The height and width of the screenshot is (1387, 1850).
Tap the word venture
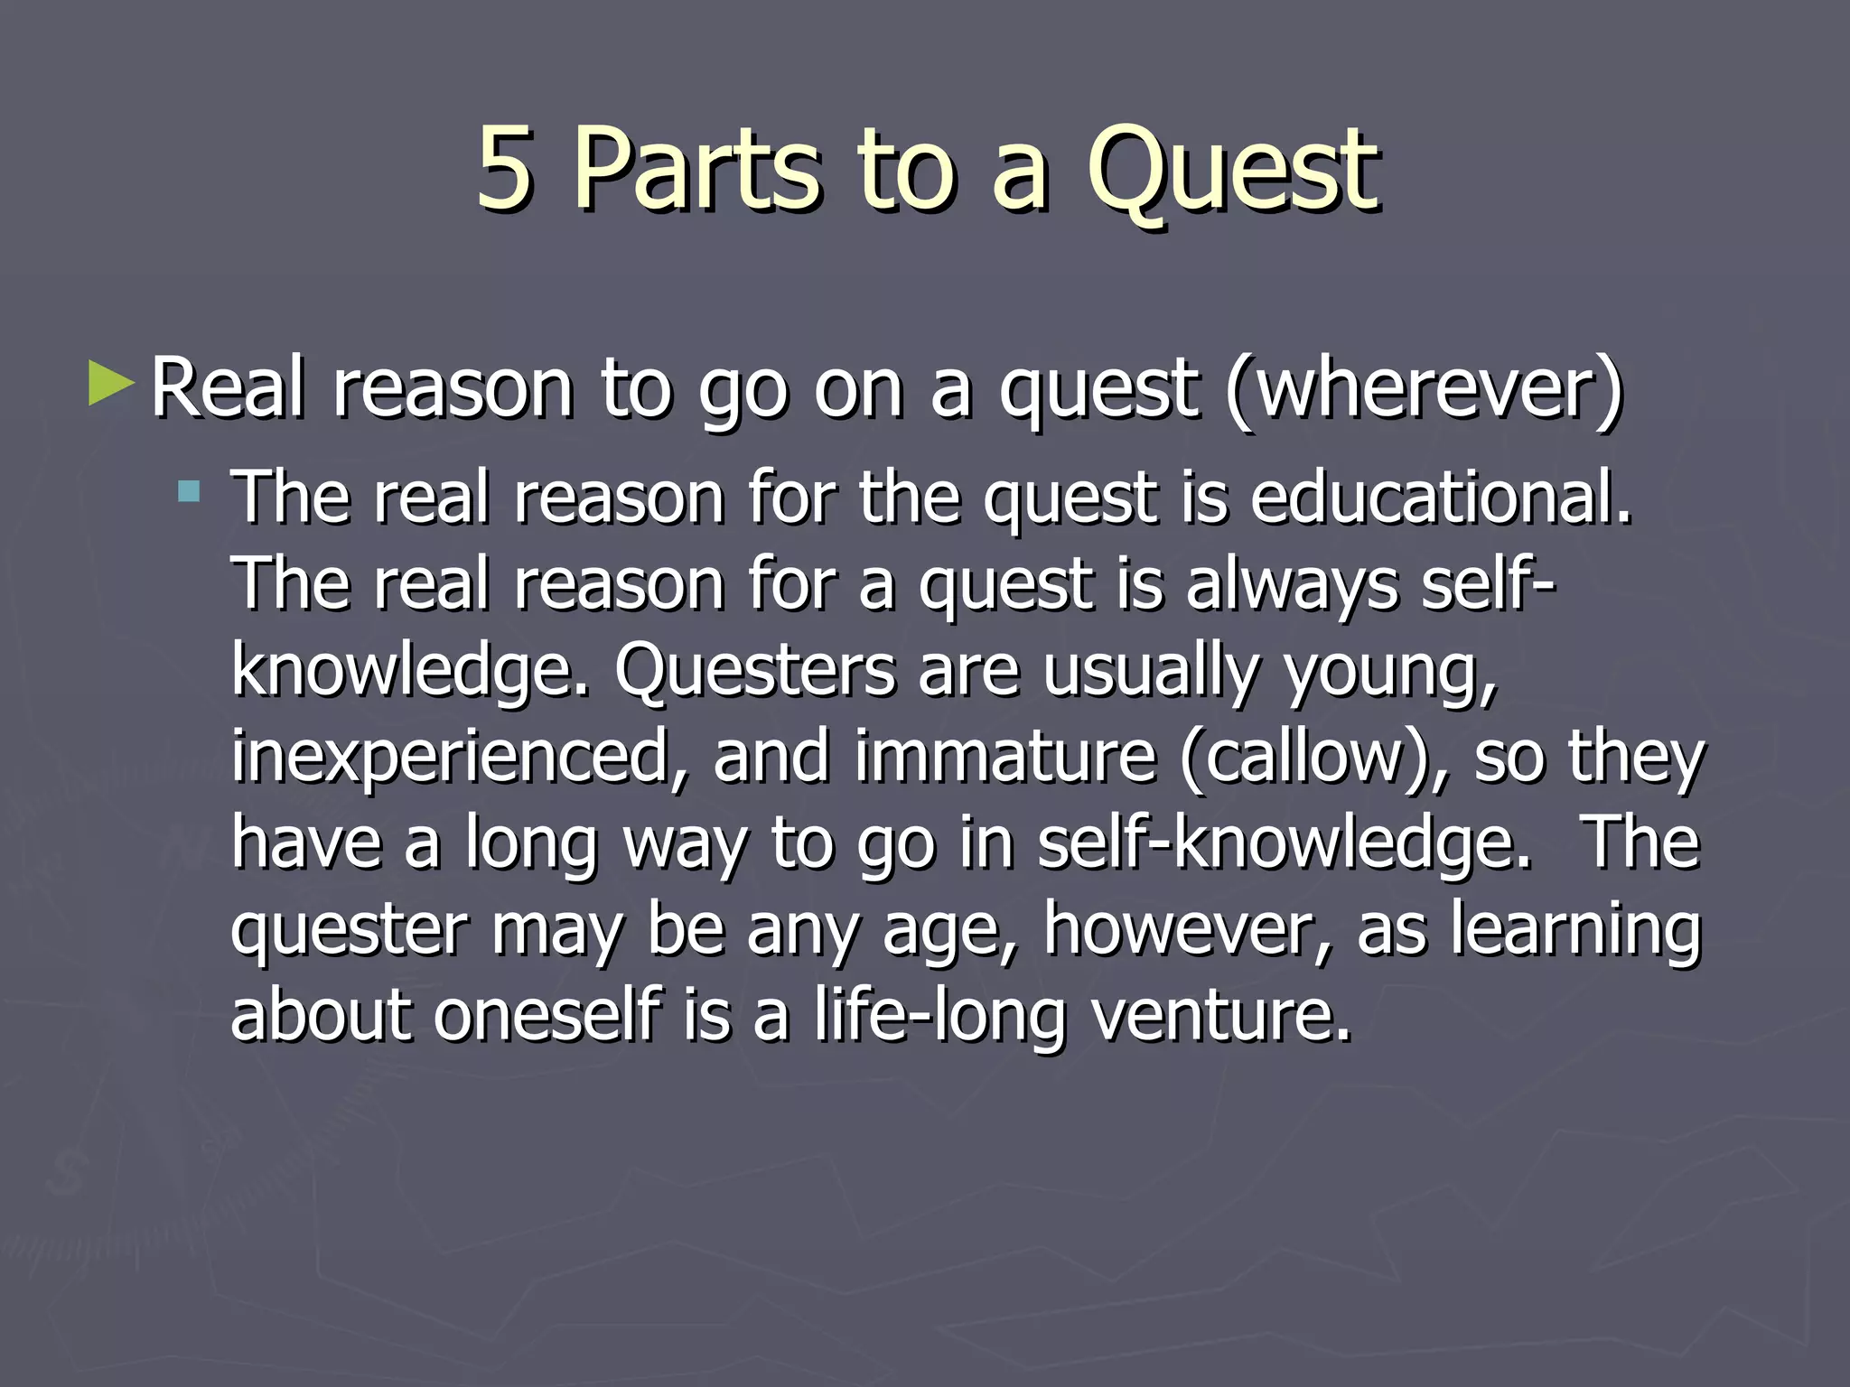(x=1221, y=1015)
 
